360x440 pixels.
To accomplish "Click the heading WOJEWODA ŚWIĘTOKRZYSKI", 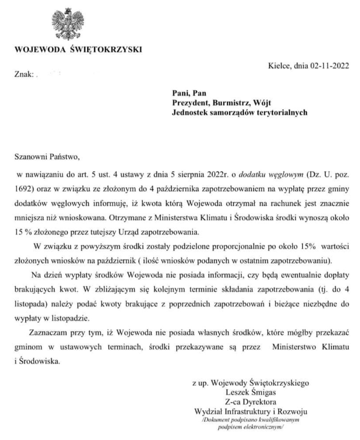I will (78, 50).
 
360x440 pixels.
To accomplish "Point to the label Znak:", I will (24, 74).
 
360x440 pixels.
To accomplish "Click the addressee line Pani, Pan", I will (189, 93).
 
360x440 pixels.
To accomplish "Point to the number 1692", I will (23, 189).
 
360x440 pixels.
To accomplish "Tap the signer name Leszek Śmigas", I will (251, 392).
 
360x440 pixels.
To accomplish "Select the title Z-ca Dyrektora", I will (251, 402).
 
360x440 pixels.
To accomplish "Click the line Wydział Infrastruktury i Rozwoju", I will (251, 411).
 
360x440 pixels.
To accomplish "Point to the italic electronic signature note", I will (251, 423).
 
